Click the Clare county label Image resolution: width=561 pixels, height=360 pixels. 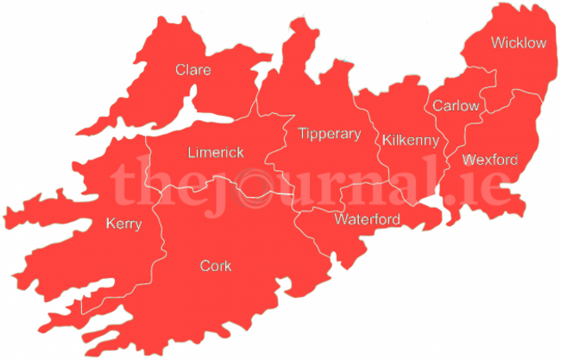[192, 70]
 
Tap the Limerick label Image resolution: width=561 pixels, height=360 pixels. [216, 153]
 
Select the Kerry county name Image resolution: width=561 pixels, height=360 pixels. [123, 224]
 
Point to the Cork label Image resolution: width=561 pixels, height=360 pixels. [215, 266]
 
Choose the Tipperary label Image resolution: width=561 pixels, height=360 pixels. [329, 134]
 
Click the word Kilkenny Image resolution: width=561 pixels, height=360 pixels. [411, 140]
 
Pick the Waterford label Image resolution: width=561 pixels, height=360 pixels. [367, 219]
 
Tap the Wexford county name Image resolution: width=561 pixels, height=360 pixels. [490, 160]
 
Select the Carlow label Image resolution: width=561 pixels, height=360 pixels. [456, 106]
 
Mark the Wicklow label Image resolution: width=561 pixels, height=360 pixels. [519, 42]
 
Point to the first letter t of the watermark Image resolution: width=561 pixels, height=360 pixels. [121, 183]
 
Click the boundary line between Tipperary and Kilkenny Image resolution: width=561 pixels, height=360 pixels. [377, 147]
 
